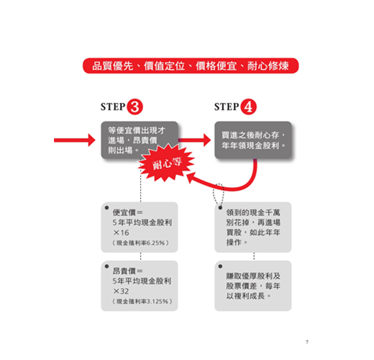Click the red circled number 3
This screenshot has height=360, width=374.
pos(134,107)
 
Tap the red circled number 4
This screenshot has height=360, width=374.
pos(248,107)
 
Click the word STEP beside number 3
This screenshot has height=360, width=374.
pos(113,107)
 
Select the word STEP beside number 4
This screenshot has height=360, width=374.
pos(227,107)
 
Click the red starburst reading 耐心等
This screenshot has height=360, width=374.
pos(167,163)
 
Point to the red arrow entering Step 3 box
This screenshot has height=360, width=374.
pos(75,140)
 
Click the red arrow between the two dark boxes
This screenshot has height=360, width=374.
pos(195,140)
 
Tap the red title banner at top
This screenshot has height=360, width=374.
pos(191,66)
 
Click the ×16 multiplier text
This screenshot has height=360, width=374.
pos(121,233)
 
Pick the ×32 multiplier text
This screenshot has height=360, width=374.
pos(121,291)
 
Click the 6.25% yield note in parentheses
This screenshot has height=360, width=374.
pos(141,243)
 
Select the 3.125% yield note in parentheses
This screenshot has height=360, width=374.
pos(142,302)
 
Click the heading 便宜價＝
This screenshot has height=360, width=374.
pos(128,212)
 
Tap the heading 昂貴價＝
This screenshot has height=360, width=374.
pos(128,271)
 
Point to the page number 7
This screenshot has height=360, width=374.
pos(307,342)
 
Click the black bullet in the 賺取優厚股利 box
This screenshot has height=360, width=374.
pos(220,266)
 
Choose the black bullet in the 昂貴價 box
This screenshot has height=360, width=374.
pos(107,266)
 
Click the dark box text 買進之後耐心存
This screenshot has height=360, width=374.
pos(250,135)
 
